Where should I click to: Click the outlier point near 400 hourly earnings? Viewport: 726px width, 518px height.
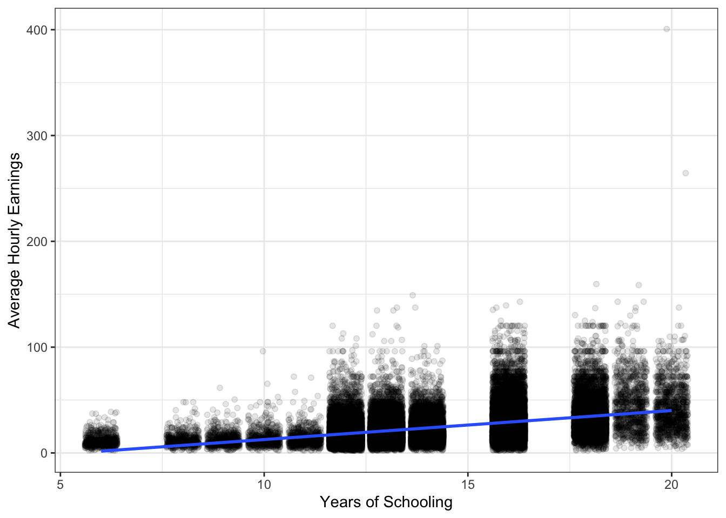click(x=667, y=29)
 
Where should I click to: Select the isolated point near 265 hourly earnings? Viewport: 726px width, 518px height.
click(x=685, y=173)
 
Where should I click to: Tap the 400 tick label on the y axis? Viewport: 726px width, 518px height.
click(x=37, y=30)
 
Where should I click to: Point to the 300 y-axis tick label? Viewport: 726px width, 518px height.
click(x=37, y=136)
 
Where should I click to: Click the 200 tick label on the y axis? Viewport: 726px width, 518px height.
click(x=37, y=242)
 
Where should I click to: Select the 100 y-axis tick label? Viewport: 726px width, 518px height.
click(x=37, y=347)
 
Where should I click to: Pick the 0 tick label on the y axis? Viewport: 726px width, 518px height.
click(x=44, y=453)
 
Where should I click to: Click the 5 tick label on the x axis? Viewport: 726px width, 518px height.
click(x=60, y=485)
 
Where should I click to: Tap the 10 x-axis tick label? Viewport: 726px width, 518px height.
click(x=264, y=485)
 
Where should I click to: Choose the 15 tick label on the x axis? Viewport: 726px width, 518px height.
click(x=467, y=485)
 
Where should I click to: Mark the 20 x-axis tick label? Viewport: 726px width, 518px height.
click(x=671, y=485)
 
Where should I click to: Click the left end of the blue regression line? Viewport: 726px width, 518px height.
click(x=102, y=451)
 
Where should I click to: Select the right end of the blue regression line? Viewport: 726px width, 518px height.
click(x=671, y=411)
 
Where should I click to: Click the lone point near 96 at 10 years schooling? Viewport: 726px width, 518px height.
click(x=263, y=351)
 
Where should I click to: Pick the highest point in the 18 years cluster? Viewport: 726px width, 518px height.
click(x=596, y=284)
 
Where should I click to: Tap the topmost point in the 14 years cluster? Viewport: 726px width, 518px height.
click(x=413, y=295)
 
